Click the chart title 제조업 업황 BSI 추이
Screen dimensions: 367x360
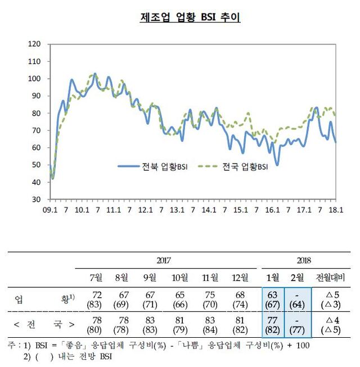190,17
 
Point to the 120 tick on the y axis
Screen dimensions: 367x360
35,44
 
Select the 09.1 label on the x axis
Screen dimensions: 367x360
50,210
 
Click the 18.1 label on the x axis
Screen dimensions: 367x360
336,210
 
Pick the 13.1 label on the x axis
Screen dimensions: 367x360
177,210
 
